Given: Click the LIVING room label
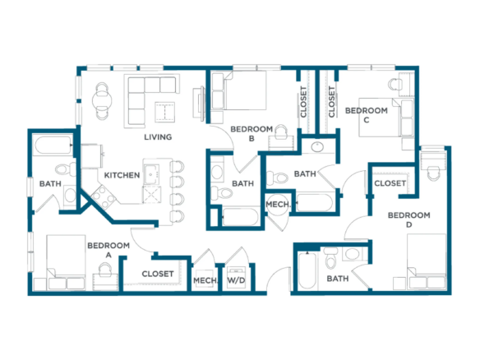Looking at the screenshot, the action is click(x=158, y=136).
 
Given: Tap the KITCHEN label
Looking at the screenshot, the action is click(x=122, y=175).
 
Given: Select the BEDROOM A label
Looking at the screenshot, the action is click(x=108, y=250).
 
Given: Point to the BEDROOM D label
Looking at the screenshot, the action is click(x=409, y=219).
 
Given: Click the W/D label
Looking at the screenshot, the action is click(x=236, y=280).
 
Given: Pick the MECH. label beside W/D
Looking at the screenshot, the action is click(x=205, y=280).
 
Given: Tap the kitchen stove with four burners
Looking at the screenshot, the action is click(x=103, y=196).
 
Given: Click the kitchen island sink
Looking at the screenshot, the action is click(x=151, y=174).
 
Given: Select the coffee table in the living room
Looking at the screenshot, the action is click(x=164, y=112).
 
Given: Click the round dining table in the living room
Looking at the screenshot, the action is click(x=102, y=100).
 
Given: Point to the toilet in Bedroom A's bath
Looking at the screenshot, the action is click(x=65, y=169).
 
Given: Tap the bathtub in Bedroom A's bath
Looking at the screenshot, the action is click(x=53, y=145).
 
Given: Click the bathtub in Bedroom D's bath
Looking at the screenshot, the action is click(x=307, y=270).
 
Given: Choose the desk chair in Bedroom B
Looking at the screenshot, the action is click(x=282, y=132).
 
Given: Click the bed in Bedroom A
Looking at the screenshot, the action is click(x=66, y=262).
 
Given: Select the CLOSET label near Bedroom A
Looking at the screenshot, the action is click(x=158, y=274).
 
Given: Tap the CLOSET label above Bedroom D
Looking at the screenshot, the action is click(x=390, y=183).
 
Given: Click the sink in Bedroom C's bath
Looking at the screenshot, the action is click(x=318, y=147).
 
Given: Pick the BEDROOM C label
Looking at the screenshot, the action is click(x=367, y=115).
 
